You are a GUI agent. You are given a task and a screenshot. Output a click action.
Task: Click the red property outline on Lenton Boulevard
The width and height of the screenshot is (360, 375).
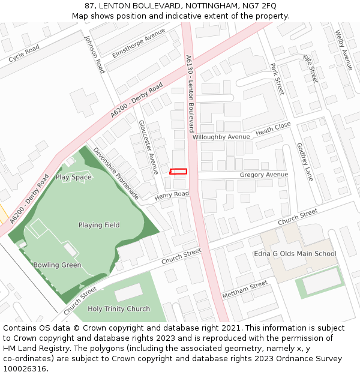click(178, 172)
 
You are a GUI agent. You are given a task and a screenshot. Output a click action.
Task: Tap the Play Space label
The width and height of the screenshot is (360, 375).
click(74, 177)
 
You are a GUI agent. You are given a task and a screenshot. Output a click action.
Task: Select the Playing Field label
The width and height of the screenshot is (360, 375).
click(99, 225)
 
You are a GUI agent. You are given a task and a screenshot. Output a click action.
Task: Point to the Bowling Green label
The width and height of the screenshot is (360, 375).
click(57, 265)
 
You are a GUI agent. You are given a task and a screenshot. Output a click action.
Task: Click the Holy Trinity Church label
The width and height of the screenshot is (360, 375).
click(119, 309)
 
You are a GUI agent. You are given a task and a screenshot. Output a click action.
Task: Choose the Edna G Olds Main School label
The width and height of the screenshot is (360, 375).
click(295, 254)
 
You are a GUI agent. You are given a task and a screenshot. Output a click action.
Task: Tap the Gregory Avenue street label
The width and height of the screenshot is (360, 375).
click(264, 175)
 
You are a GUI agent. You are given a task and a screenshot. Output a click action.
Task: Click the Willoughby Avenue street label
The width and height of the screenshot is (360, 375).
click(221, 137)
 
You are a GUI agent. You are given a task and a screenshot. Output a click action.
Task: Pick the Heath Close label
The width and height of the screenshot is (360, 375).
click(273, 128)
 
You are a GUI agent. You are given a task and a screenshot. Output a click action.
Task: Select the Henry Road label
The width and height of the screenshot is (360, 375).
click(172, 196)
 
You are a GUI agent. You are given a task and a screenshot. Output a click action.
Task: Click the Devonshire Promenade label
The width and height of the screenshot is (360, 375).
click(116, 173)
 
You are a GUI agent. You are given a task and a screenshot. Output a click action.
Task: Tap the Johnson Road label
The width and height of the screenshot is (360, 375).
click(95, 54)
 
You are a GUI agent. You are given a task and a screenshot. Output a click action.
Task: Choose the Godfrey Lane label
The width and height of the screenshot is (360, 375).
click(305, 161)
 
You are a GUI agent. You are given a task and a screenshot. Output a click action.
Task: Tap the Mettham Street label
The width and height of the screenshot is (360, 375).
click(245, 290)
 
